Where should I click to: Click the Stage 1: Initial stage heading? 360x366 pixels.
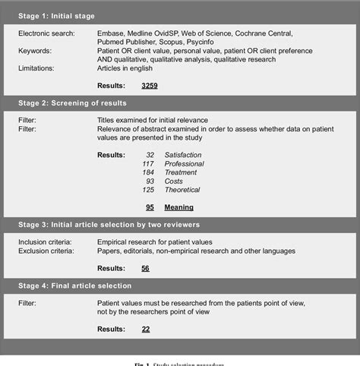click(57, 15)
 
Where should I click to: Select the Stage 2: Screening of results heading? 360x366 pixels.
click(73, 103)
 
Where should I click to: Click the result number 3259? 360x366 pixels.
click(150, 86)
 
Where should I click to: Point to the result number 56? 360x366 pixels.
click(145, 268)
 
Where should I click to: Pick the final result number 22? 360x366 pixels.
click(145, 329)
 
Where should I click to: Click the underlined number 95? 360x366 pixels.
click(150, 207)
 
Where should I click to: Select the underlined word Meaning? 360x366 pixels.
click(179, 207)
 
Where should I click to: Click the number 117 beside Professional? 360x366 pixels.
click(147, 163)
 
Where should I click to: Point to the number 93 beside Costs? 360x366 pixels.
click(150, 181)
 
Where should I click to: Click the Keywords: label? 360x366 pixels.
click(36, 51)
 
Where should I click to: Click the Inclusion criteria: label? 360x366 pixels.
click(46, 241)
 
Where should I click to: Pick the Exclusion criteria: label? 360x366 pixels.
click(46, 251)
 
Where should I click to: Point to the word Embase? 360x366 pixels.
click(111, 34)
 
